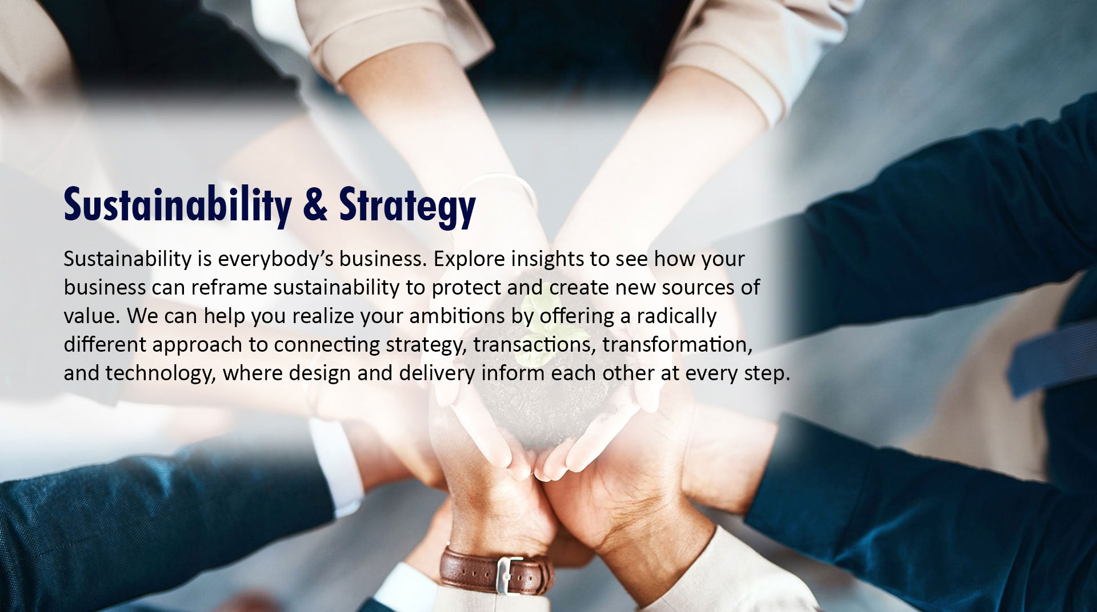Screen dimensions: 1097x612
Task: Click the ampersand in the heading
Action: point(316,204)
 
